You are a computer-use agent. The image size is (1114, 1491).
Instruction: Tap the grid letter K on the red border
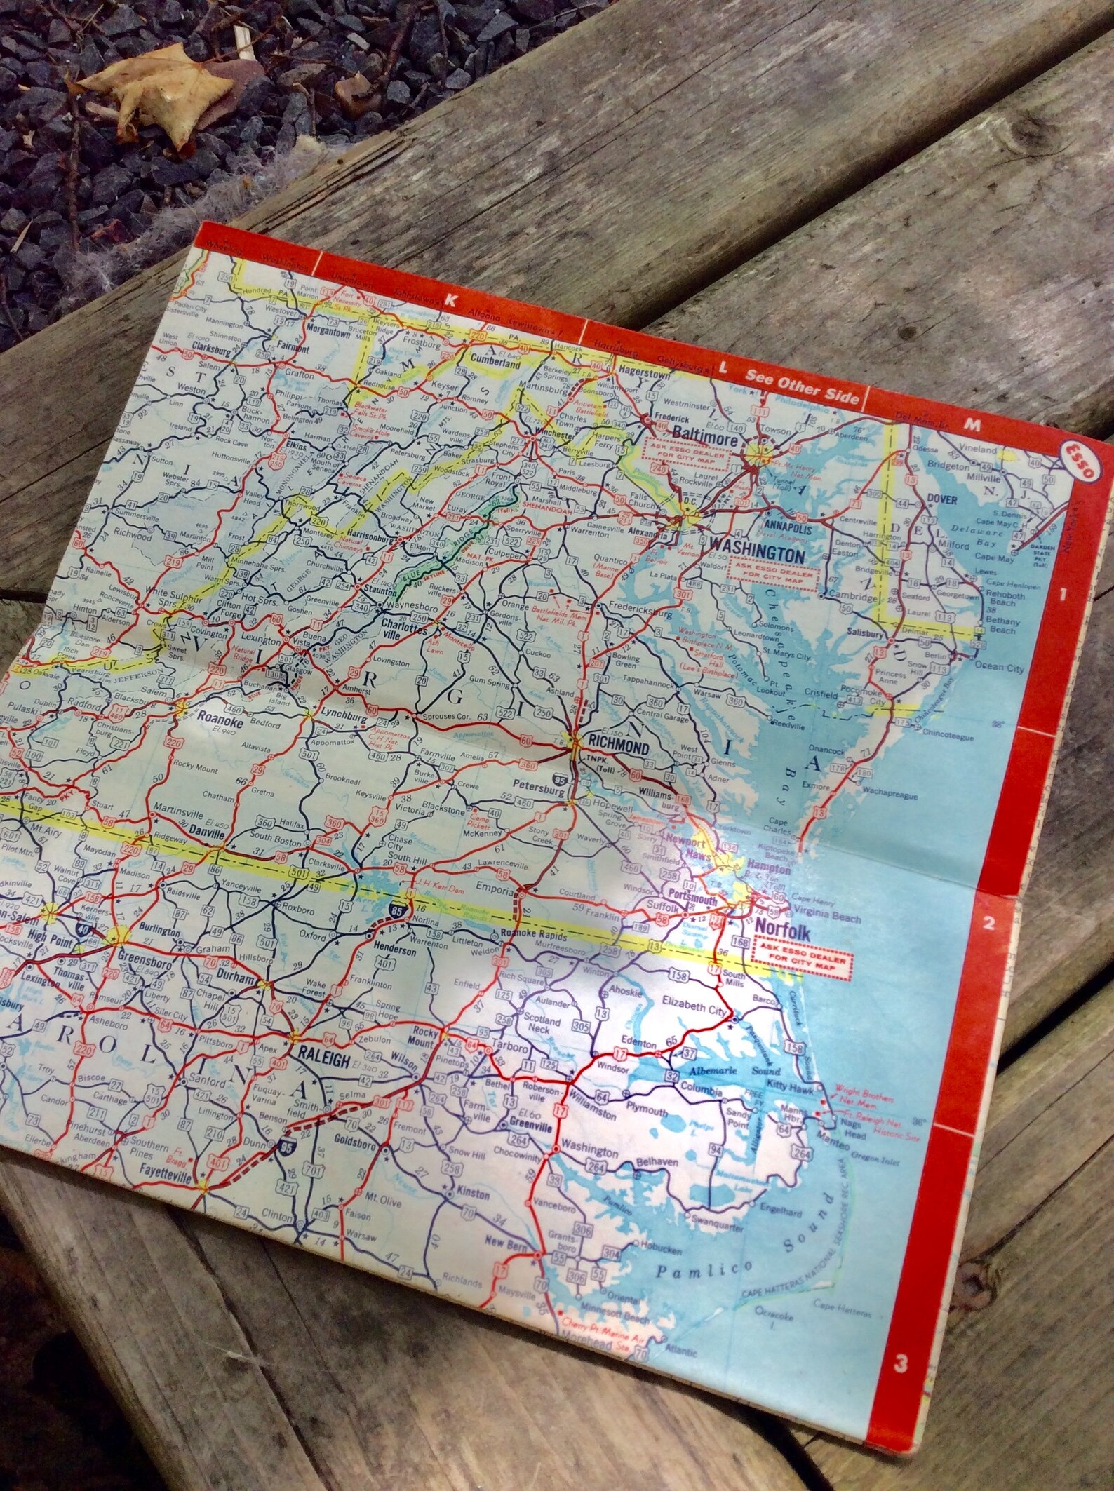[450, 299]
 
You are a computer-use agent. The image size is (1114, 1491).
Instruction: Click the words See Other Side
[802, 386]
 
